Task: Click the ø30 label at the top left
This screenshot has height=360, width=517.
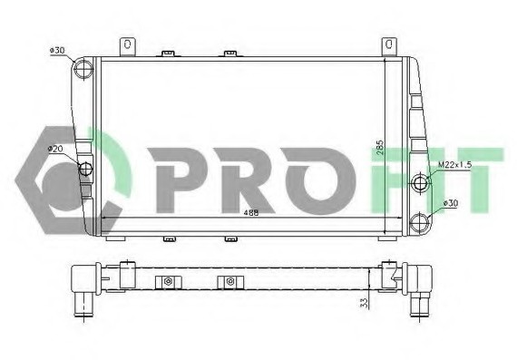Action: (57, 51)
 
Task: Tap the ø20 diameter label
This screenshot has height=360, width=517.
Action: (55, 149)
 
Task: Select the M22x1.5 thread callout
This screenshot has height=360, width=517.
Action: (455, 165)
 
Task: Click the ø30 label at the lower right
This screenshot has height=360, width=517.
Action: (451, 203)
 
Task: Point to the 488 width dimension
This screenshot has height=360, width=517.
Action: (251, 213)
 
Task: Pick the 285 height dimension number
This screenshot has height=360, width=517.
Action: (380, 148)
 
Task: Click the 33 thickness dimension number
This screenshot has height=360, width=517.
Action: (364, 303)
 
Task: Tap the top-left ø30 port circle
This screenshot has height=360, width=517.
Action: (83, 69)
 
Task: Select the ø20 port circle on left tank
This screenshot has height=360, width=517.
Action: (86, 169)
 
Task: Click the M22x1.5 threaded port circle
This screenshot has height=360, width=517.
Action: (421, 182)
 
